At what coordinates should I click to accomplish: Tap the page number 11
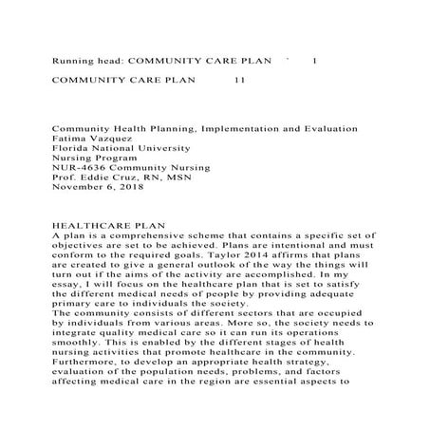[x=238, y=80]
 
